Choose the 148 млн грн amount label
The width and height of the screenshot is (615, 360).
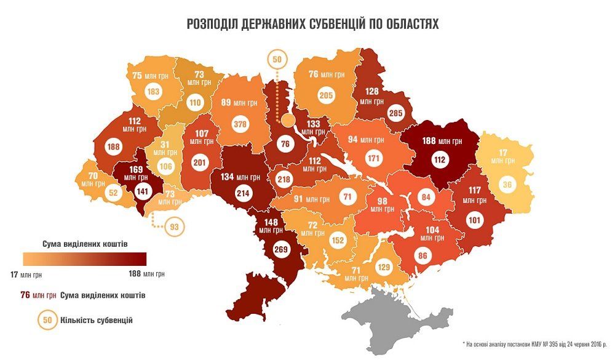(272, 226)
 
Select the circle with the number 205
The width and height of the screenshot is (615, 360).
(325, 95)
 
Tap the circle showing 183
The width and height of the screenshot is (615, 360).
(154, 92)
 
